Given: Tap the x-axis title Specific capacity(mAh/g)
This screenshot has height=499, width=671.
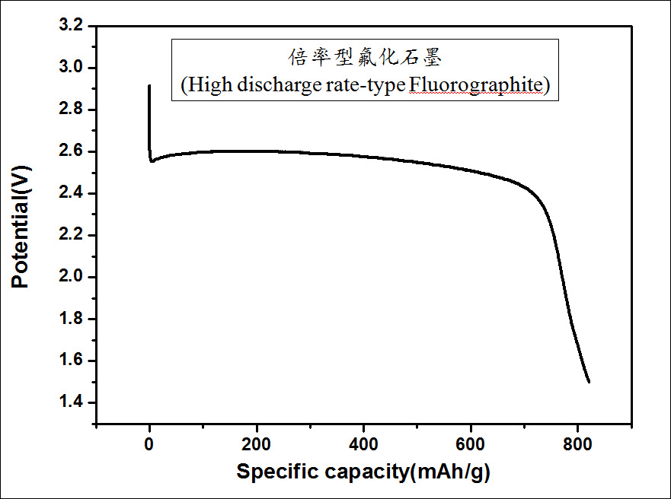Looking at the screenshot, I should (363, 472).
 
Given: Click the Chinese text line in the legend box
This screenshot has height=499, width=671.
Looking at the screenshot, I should (364, 58).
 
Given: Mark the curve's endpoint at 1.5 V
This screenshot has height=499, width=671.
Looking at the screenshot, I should (589, 382).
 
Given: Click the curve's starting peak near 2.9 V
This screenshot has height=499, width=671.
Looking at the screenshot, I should (149, 85).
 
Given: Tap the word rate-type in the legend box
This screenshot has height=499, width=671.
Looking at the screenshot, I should (366, 84).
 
